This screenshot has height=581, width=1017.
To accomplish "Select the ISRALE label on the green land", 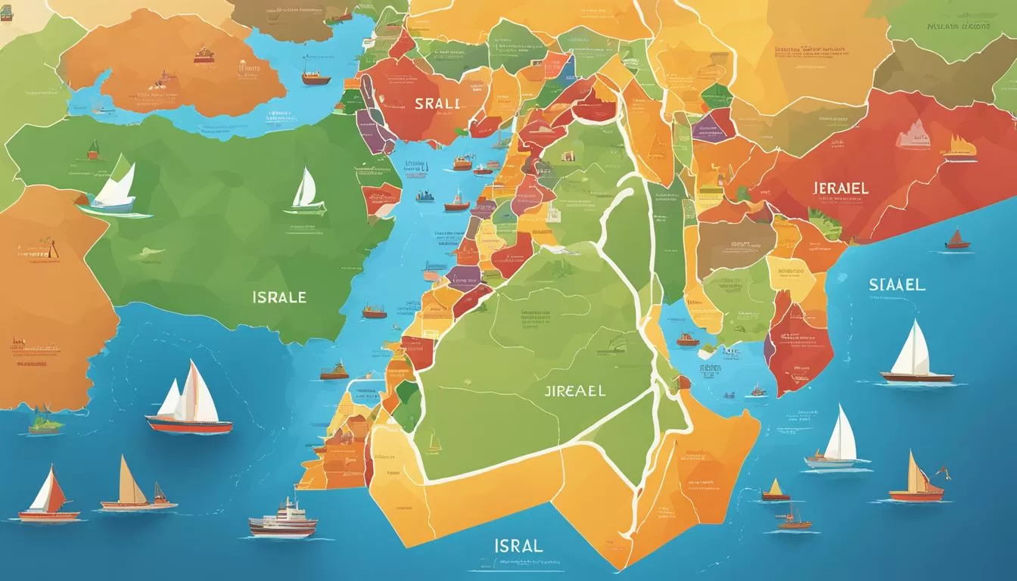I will coord(280,297).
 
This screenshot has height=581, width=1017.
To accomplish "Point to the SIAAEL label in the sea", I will coord(897,285).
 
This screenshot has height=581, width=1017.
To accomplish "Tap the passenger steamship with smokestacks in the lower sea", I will coord(282,519).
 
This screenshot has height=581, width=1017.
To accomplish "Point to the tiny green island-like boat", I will coord(45,424).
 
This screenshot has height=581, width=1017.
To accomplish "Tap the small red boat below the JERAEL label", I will coord(957,240).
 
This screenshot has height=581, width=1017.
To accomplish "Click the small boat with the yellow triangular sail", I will coord(775,491).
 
